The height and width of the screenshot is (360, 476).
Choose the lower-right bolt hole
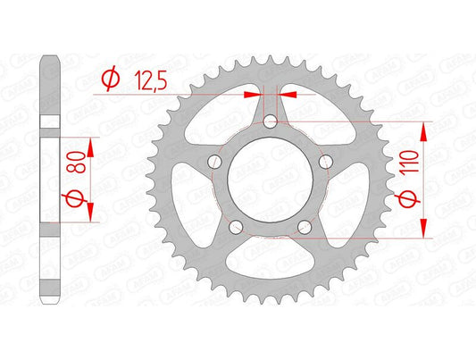tap(307, 226)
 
